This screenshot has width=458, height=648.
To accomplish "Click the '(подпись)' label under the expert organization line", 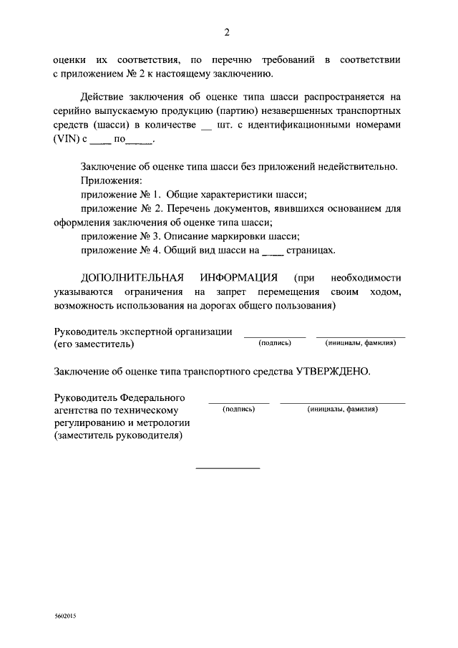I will (x=275, y=343).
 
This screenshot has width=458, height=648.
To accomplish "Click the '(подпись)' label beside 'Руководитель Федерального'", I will (x=239, y=409).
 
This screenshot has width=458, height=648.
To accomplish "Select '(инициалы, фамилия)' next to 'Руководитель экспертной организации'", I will (x=361, y=343).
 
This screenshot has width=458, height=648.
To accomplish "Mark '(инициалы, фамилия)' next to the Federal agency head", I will (x=343, y=409).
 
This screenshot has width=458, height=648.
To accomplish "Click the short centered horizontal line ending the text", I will (x=228, y=468).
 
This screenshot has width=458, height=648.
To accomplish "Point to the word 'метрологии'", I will (x=155, y=424).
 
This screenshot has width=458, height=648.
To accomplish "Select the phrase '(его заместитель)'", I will (x=93, y=344).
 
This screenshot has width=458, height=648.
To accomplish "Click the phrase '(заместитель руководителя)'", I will (x=118, y=437).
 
